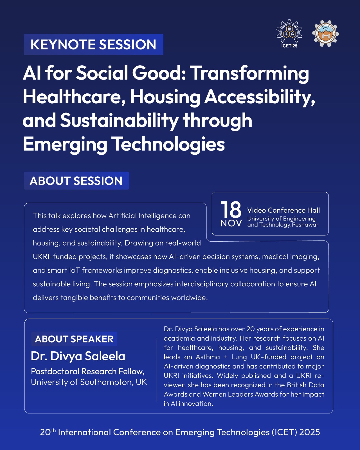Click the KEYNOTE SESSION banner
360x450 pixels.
93,44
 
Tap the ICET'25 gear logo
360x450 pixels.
289,34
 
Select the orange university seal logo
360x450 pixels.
325,33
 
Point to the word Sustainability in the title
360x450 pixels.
119,121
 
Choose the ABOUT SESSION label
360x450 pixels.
76,181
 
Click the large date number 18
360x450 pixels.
231,209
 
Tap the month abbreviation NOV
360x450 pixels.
231,223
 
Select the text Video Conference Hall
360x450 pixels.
283,210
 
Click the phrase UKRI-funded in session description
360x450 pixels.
55,256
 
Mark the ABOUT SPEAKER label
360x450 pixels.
74,339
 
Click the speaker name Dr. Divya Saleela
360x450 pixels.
78,356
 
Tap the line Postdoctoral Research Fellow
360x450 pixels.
88,371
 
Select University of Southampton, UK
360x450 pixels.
89,382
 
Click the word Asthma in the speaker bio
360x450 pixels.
208,357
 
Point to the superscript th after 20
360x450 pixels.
53,430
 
